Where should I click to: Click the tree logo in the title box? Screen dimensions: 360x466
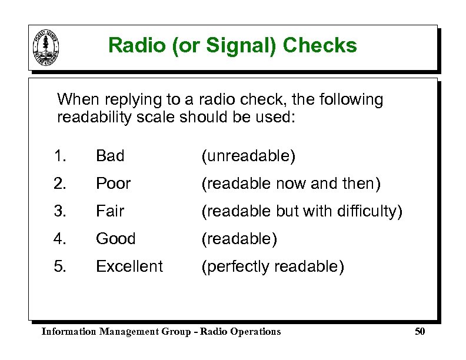click(x=48, y=46)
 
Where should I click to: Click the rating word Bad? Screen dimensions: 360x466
click(x=110, y=156)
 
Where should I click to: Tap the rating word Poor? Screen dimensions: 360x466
click(x=113, y=184)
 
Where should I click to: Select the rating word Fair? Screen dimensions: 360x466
click(x=110, y=211)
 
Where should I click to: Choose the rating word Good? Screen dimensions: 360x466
click(x=115, y=239)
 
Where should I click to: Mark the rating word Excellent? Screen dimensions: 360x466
click(x=129, y=266)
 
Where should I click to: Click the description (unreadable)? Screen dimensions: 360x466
click(x=248, y=156)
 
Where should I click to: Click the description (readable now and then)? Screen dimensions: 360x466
click(x=291, y=184)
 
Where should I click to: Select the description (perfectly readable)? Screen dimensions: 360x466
click(x=272, y=266)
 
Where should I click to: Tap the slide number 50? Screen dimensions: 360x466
click(x=420, y=332)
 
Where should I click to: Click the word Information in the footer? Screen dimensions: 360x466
click(x=69, y=332)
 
